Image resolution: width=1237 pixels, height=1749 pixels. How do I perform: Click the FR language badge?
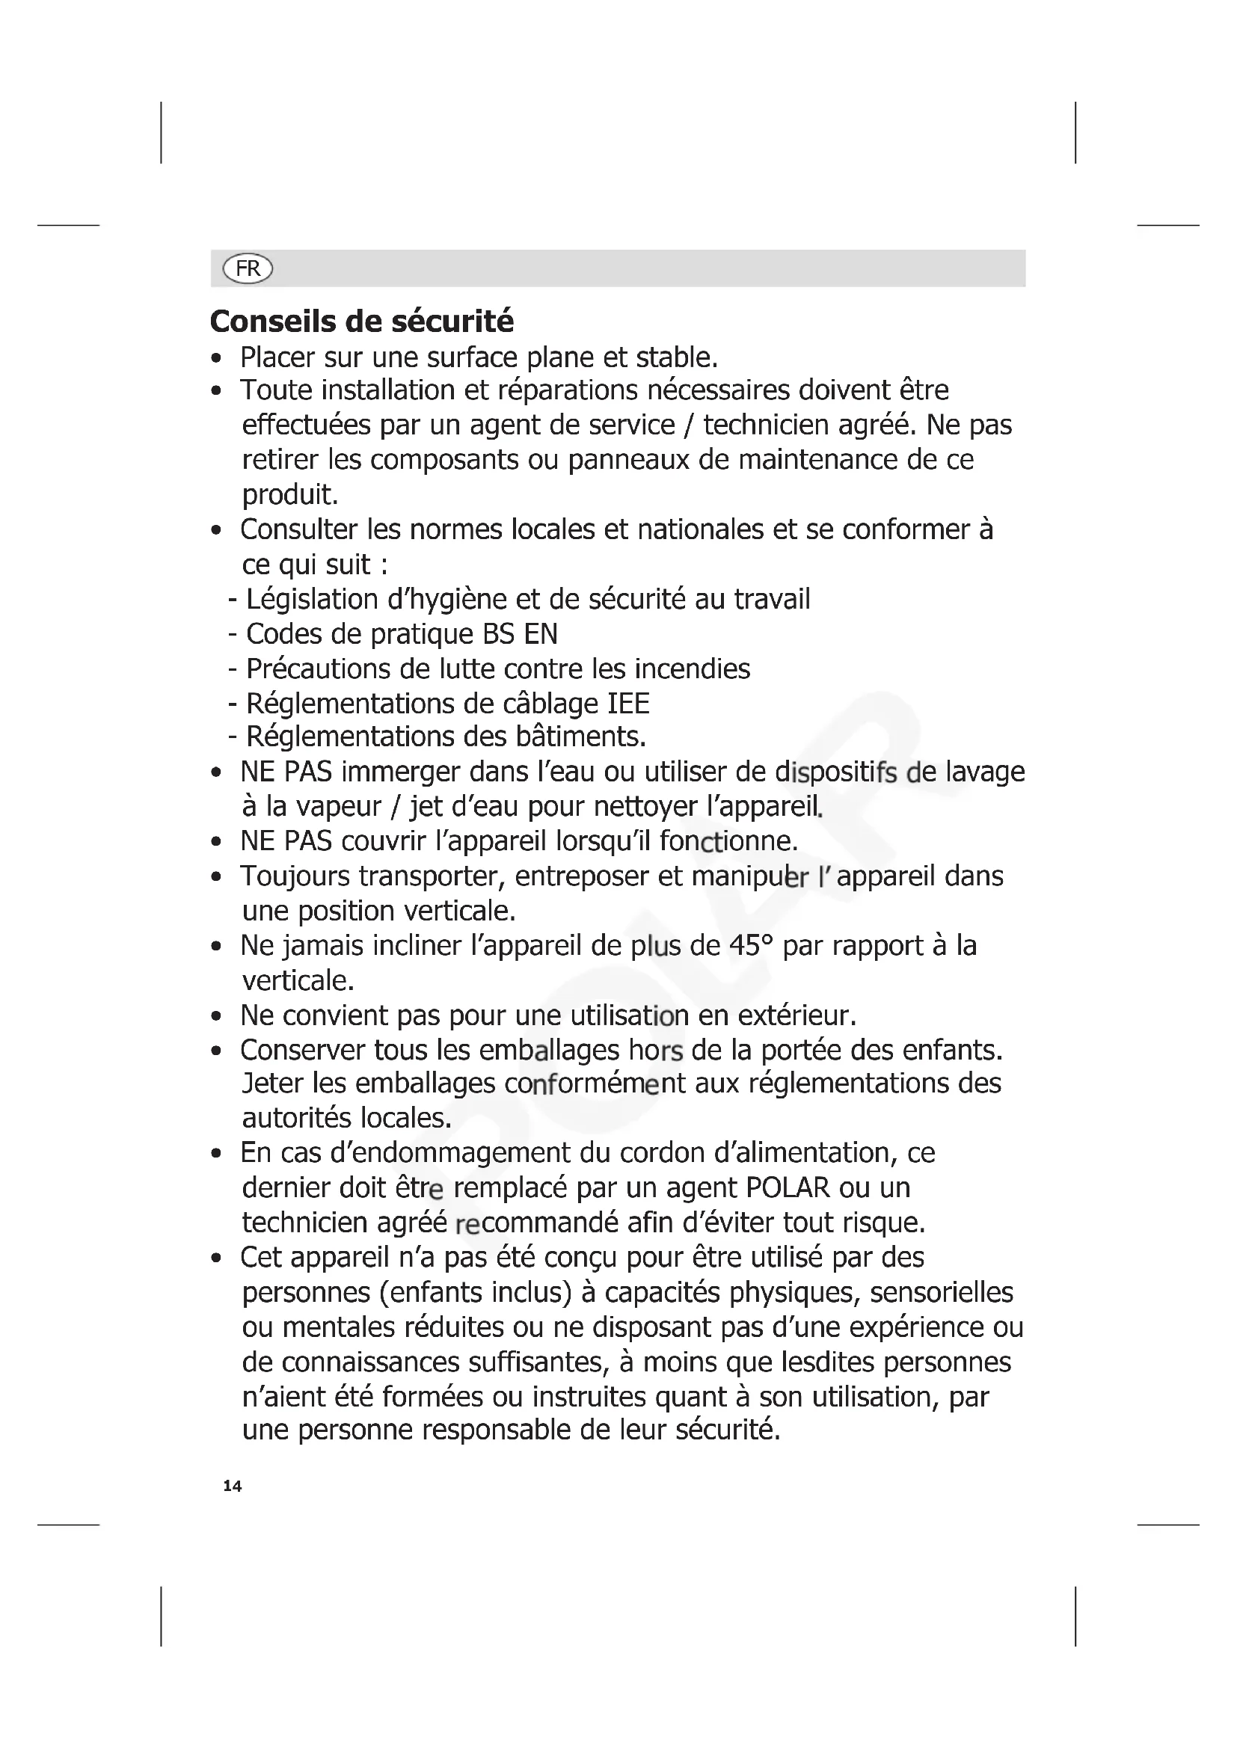(x=248, y=268)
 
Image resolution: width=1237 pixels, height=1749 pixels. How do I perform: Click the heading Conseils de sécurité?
(x=362, y=322)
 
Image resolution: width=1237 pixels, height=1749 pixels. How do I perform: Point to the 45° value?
(x=750, y=945)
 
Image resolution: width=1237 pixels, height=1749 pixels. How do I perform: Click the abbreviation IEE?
(x=628, y=703)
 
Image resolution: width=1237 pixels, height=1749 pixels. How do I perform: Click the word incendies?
(x=693, y=668)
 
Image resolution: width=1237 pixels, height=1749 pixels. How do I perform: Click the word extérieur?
(x=796, y=1015)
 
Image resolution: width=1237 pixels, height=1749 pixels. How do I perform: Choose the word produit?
(x=289, y=495)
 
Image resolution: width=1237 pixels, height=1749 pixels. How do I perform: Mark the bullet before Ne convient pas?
(x=217, y=1016)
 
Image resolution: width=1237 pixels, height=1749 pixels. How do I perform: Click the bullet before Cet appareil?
(x=217, y=1258)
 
